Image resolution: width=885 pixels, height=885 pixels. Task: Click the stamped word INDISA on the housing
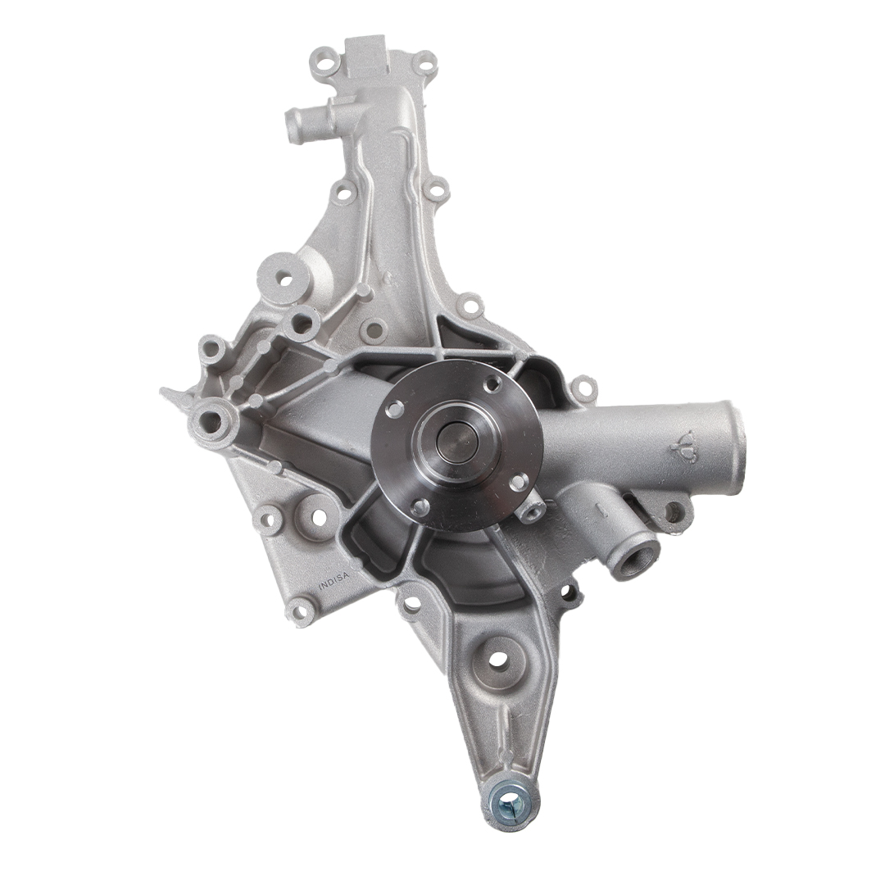tap(335, 581)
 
